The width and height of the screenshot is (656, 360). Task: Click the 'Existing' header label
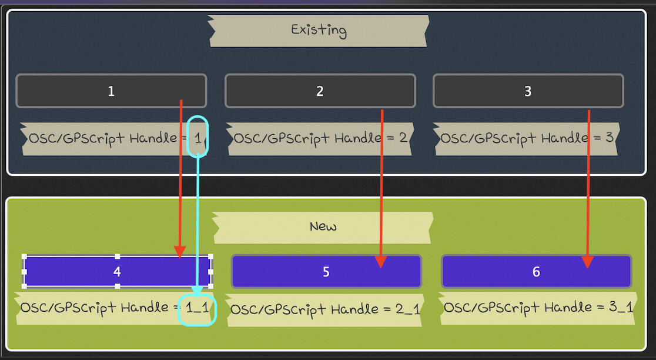[318, 31]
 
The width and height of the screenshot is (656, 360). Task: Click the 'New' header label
[323, 227]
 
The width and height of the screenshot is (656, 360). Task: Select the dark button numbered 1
[111, 91]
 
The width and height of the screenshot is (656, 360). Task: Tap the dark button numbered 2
[320, 91]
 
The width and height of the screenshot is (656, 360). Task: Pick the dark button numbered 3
[528, 91]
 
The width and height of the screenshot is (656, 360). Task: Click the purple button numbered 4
[117, 272]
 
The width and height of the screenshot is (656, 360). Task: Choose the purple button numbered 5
[326, 272]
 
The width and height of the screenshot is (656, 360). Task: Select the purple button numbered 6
[535, 272]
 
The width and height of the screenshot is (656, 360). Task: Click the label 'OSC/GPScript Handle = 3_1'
[538, 308]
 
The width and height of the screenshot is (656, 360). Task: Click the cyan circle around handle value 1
[198, 136]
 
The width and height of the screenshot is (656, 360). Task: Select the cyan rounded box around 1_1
[198, 309]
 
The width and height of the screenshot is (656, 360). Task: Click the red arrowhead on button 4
[180, 251]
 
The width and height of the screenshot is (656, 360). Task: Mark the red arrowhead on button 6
[587, 262]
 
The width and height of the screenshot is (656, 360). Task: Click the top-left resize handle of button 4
[25, 256]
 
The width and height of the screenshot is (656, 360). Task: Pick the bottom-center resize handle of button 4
[118, 286]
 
